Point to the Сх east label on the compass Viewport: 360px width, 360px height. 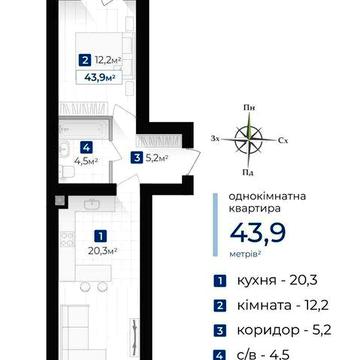click(x=285, y=140)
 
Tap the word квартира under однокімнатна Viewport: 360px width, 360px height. click(x=239, y=212)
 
